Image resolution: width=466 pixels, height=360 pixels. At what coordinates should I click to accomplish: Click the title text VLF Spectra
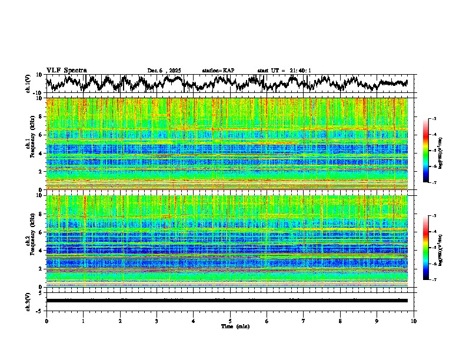point(66,71)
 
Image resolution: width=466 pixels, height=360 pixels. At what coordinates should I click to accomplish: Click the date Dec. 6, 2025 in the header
point(164,71)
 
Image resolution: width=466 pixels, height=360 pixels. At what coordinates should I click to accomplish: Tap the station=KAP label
point(218,71)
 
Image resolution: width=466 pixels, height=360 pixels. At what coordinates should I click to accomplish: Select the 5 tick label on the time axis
point(230,321)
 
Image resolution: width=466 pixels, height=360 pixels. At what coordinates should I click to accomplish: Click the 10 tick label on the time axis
point(414,321)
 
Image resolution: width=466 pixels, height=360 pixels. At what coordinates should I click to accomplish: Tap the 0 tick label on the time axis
point(46,321)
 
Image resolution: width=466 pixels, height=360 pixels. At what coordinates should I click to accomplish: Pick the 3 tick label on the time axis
point(157,321)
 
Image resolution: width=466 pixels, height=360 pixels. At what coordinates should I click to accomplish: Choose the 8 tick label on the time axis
point(340,321)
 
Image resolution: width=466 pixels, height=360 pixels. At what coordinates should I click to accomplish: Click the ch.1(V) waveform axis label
point(28,84)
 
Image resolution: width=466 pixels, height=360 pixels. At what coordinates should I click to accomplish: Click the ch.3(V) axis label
point(28,301)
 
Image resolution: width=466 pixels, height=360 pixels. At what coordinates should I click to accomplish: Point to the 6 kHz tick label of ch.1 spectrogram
point(40,135)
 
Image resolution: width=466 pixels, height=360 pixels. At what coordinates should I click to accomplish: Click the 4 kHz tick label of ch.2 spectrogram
point(40,251)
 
